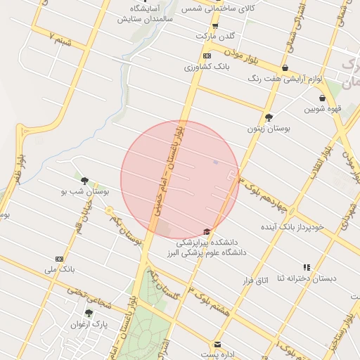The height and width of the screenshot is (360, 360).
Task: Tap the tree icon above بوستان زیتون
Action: click(x=269, y=117)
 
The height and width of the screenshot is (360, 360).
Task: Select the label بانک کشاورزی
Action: click(x=207, y=67)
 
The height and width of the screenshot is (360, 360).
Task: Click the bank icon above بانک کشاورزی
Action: click(x=207, y=56)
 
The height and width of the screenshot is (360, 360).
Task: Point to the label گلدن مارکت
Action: click(x=214, y=35)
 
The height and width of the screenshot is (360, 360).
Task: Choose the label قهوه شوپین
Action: click(x=323, y=109)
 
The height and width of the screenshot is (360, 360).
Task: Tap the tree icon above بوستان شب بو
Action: click(x=84, y=181)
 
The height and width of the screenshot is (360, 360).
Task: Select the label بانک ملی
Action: click(x=59, y=269)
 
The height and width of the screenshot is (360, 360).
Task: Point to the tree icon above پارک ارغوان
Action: click(x=89, y=314)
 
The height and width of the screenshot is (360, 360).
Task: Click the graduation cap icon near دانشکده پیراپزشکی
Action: click(x=207, y=232)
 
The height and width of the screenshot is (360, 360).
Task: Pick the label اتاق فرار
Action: click(x=255, y=281)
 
